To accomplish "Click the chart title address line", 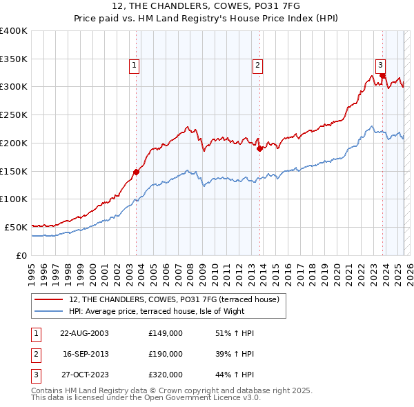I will (x=206, y=6).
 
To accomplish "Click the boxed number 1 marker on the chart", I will (x=135, y=66).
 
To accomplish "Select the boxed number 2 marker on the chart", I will (x=257, y=66).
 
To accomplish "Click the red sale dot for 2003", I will (x=136, y=172).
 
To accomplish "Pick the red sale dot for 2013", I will (x=259, y=148).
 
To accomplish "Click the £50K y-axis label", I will (x=17, y=227).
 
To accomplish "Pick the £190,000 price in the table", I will (x=166, y=354).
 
